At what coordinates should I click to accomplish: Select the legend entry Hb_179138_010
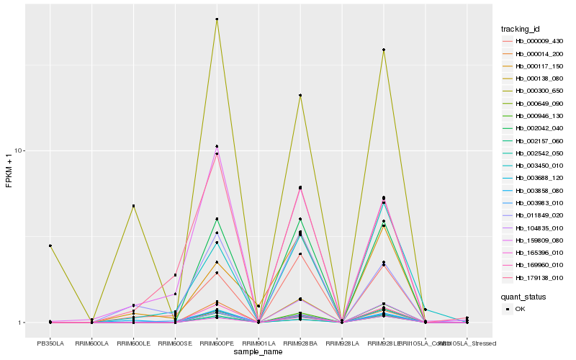click(534, 277)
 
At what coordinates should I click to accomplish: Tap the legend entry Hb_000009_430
click(534, 41)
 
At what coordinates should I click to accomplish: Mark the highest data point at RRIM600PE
click(217, 19)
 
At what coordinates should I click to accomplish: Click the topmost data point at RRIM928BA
click(300, 95)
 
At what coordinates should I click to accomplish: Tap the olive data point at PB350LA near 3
click(50, 246)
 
